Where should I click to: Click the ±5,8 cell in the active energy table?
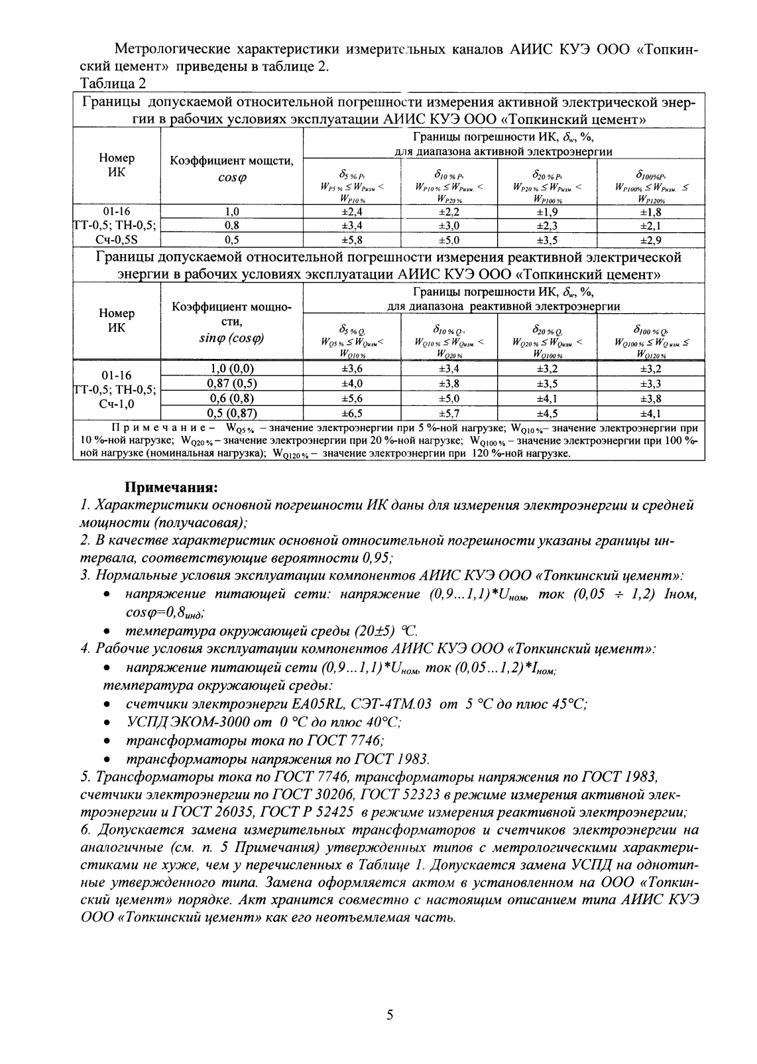352,240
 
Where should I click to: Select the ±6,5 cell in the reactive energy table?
352,413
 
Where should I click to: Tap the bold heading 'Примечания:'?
172,488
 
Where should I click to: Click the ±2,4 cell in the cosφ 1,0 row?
352,212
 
